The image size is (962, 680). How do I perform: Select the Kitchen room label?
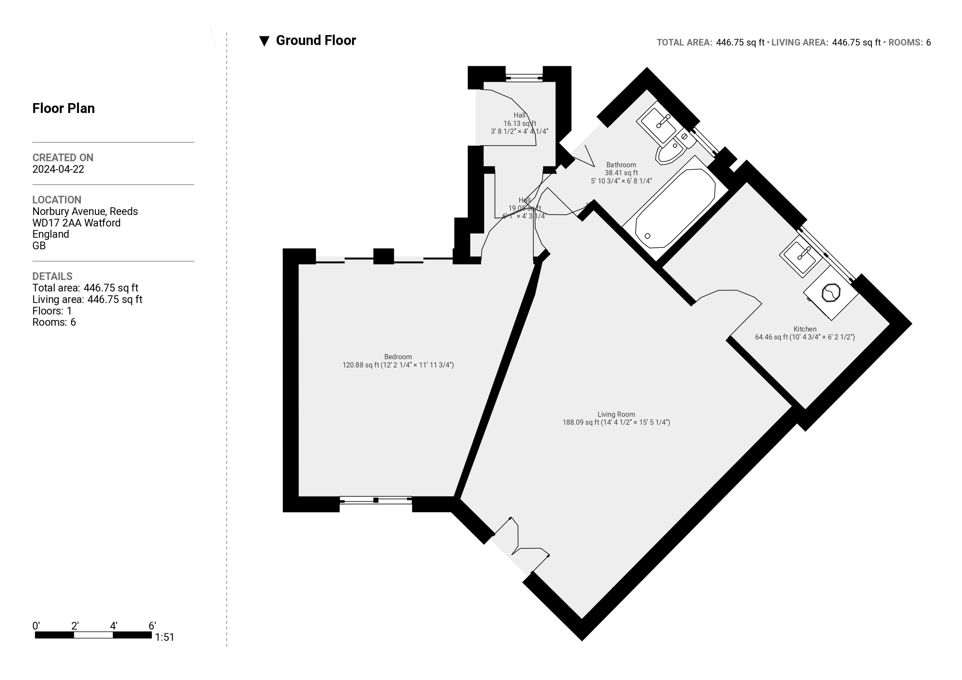coord(805,329)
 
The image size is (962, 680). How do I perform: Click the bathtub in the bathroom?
coord(674,208)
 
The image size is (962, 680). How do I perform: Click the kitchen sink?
coord(801,256)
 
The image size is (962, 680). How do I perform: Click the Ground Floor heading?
coord(316,41)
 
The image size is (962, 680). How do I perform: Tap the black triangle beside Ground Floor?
coord(264,41)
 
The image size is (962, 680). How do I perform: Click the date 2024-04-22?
coord(58,169)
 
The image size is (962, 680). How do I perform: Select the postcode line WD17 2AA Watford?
coord(76,223)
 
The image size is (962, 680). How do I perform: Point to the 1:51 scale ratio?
coord(164,637)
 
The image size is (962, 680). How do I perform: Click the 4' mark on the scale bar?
coord(114,626)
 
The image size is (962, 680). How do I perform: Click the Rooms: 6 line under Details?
coord(54,322)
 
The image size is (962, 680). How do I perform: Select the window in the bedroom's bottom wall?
coord(376,500)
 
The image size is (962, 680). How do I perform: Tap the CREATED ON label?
coord(63,158)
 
